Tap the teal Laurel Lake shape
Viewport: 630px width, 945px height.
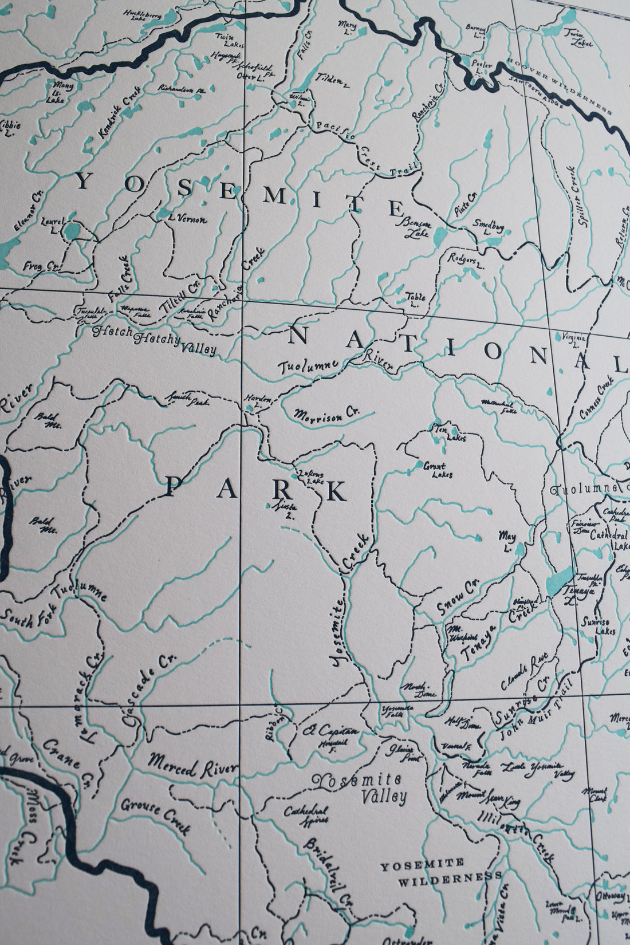point(72,230)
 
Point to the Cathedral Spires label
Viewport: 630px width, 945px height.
point(306,815)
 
